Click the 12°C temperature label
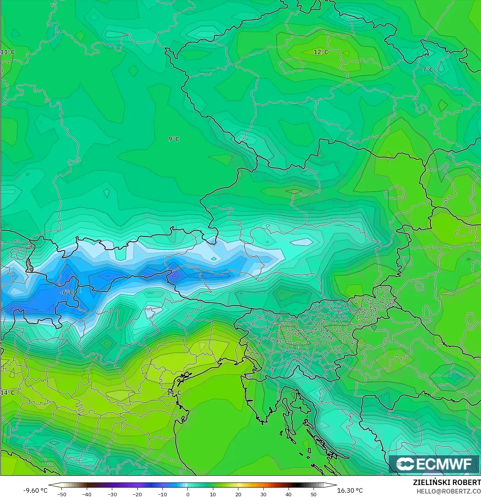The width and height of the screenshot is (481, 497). point(321,52)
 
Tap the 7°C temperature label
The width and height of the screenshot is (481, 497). point(428,70)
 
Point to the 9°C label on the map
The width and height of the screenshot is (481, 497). point(174,139)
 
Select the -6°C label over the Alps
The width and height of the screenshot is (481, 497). point(67,292)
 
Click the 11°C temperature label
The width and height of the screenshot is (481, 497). point(7,52)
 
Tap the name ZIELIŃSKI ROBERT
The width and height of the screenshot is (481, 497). point(447,482)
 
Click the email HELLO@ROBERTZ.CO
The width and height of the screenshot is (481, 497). point(449,490)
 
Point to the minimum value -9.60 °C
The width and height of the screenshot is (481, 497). point(35,490)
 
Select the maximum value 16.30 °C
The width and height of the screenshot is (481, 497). point(350,490)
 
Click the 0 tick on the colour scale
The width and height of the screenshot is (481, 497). point(188,494)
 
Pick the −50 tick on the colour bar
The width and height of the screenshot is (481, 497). point(61,494)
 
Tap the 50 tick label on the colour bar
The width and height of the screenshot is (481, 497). point(314,494)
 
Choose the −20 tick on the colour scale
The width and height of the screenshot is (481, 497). point(137,494)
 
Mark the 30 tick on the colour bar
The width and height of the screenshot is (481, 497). point(263,494)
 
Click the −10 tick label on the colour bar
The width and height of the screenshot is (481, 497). point(162,494)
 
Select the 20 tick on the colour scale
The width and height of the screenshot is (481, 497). point(238,494)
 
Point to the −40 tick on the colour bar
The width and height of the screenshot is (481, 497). point(87,494)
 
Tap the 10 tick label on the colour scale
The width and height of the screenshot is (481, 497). point(213,494)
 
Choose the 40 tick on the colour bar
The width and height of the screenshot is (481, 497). point(289,494)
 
